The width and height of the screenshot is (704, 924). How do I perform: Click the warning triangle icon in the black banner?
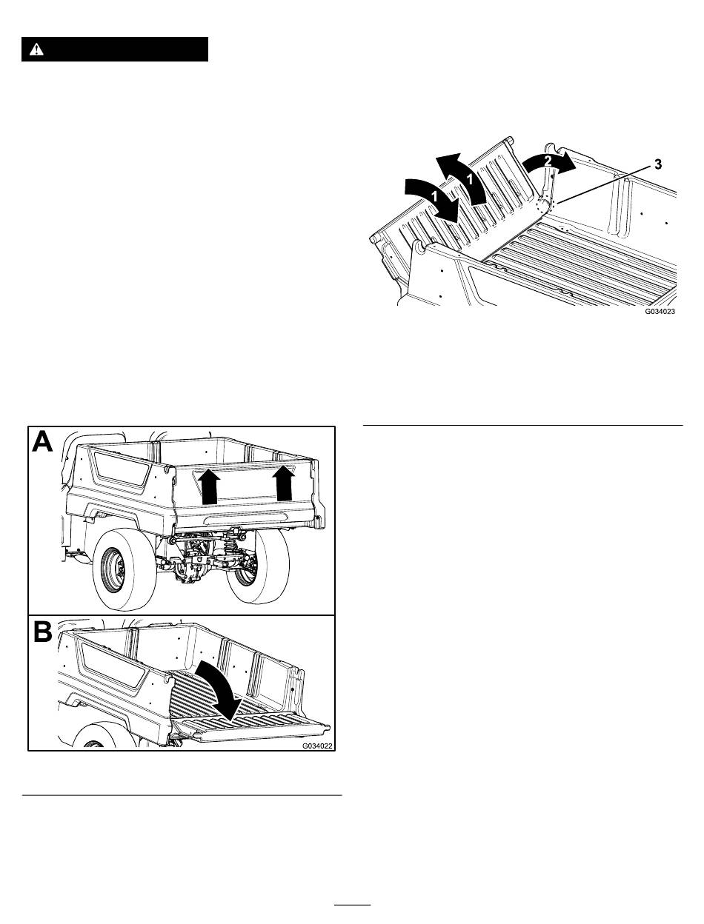click(36, 50)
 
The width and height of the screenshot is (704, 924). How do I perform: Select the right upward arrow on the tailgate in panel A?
click(285, 483)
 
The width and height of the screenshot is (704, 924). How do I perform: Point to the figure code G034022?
click(317, 746)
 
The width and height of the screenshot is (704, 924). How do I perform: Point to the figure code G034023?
click(660, 311)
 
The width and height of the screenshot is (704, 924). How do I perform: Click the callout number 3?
click(657, 164)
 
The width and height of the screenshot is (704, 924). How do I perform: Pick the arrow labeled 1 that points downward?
click(434, 198)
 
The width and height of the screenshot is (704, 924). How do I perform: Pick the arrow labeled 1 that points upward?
click(463, 179)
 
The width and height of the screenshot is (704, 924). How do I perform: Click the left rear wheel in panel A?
click(124, 573)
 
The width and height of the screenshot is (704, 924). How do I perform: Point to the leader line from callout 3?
click(603, 184)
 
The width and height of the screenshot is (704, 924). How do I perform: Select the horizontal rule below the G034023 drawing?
click(523, 426)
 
